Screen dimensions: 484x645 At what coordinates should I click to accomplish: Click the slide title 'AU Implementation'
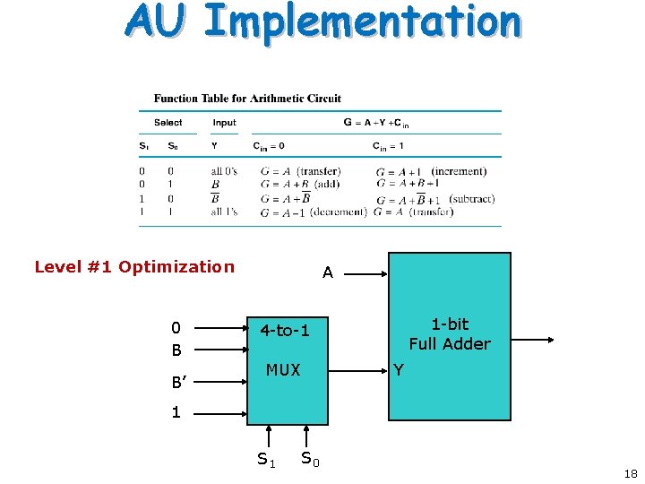[322, 22]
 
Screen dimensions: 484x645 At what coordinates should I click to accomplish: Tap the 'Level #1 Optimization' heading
[134, 266]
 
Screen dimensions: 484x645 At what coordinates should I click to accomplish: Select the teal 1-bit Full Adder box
[449, 336]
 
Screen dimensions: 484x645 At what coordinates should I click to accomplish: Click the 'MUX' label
[283, 369]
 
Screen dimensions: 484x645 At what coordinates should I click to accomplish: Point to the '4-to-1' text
[285, 331]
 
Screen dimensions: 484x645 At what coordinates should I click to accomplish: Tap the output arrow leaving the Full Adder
[533, 340]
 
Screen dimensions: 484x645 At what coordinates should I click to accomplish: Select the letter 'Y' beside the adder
[399, 369]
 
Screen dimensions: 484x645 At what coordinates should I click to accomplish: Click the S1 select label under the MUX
[266, 460]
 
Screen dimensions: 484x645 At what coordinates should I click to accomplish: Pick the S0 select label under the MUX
[309, 459]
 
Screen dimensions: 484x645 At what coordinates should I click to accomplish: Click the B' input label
[182, 383]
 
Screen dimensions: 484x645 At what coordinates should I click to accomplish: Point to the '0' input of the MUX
[176, 328]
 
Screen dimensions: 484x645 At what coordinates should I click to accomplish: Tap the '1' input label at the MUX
[176, 412]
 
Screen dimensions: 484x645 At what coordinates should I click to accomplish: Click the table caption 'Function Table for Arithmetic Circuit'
[247, 99]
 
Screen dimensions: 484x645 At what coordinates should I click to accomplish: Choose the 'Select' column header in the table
[168, 123]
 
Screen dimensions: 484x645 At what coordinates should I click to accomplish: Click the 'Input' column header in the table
[224, 123]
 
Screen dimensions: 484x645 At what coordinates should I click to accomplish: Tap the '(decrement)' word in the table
[341, 212]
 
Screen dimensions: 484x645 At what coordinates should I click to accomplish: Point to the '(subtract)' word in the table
[471, 199]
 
